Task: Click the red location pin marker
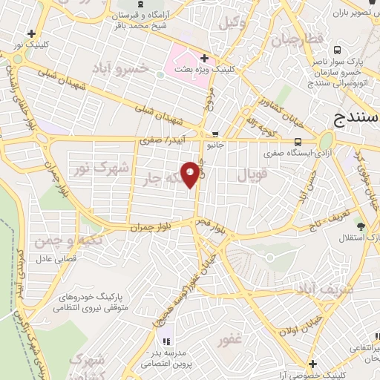pos(191,174)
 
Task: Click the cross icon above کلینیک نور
pos(30,33)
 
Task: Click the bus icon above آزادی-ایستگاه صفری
pos(297,142)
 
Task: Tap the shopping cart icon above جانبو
pos(214,134)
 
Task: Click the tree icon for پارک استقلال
pos(361,226)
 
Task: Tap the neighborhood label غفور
pos(230,341)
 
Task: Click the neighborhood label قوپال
pos(258,176)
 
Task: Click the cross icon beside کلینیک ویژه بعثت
pos(204,57)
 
